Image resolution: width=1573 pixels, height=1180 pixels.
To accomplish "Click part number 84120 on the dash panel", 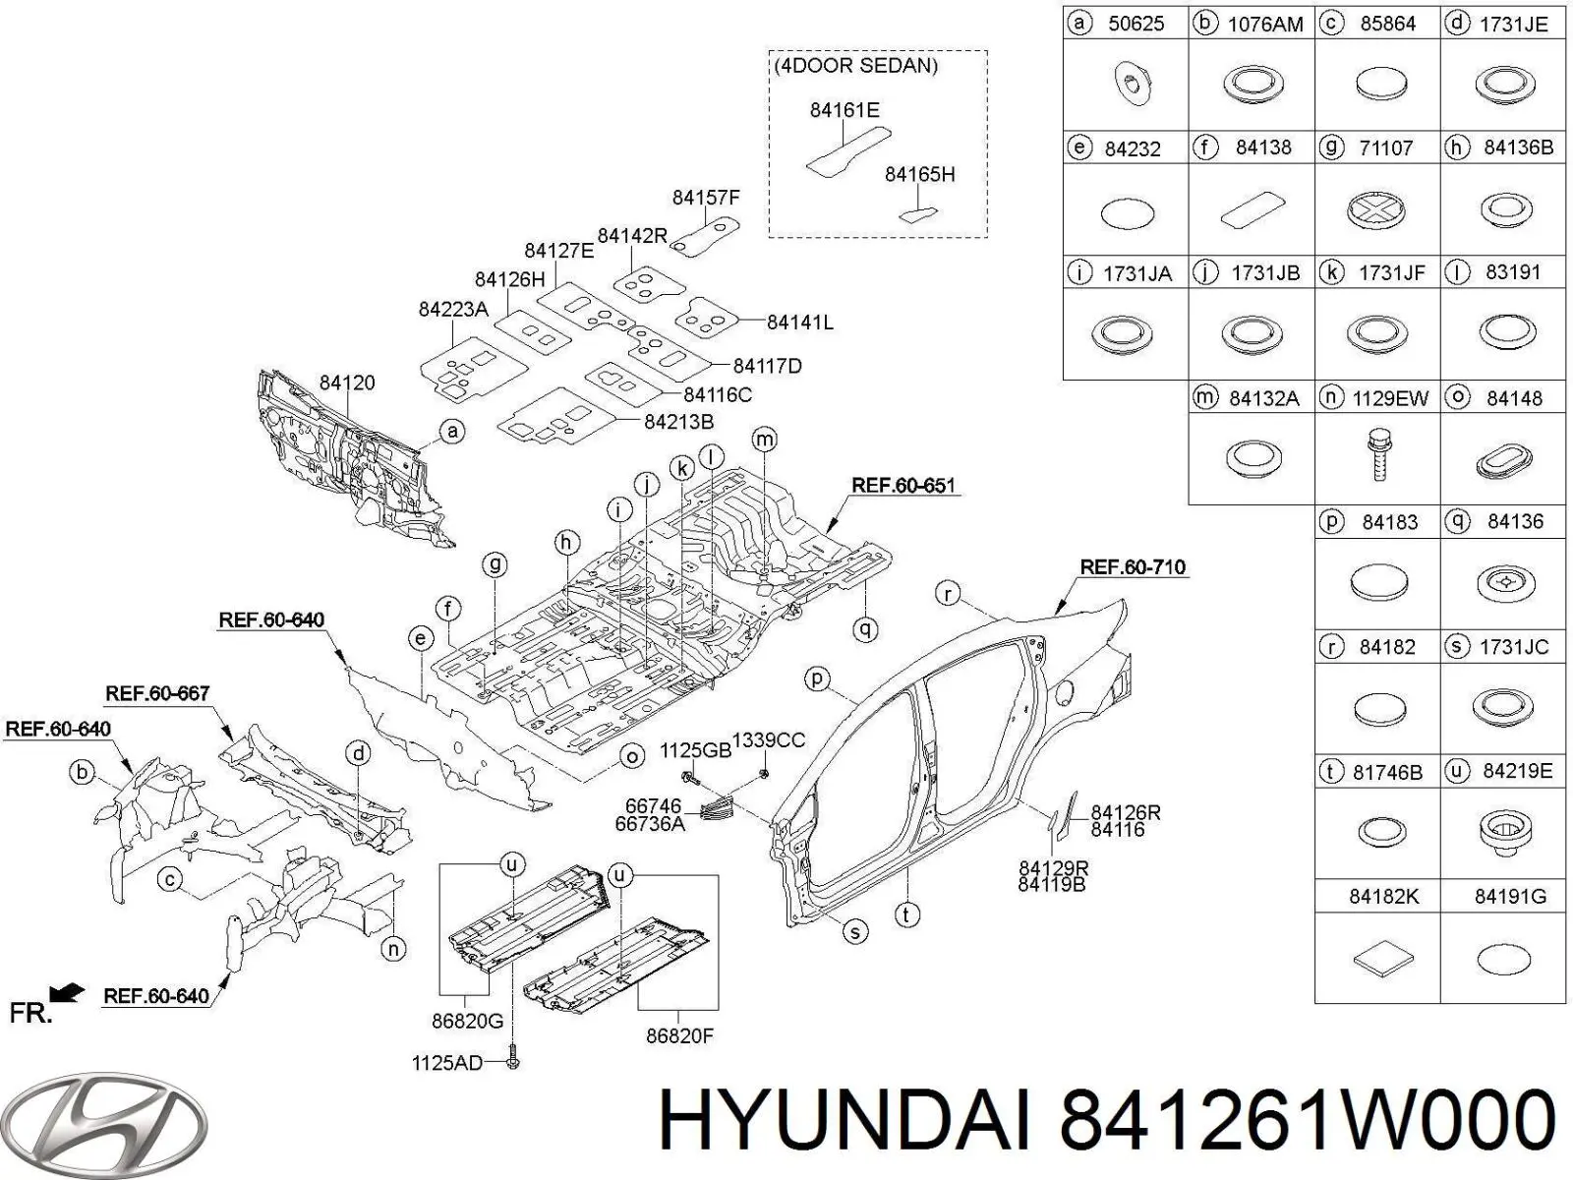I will [x=346, y=383].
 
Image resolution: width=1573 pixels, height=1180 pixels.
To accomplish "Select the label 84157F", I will [x=705, y=198].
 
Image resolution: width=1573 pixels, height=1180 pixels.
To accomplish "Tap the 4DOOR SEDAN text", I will [x=855, y=66].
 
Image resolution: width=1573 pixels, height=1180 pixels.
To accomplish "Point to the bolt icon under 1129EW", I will [x=1379, y=457].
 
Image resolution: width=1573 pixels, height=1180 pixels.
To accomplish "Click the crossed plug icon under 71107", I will [x=1375, y=209].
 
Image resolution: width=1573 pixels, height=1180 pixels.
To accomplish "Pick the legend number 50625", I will [x=1136, y=24].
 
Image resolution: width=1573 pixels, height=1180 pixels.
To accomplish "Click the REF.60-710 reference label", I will [x=1132, y=567].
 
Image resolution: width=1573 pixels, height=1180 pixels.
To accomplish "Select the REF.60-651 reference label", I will [x=903, y=485].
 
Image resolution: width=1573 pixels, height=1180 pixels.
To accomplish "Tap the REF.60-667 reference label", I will [x=157, y=693].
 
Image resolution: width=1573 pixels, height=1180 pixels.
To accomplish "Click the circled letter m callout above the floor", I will [x=764, y=440].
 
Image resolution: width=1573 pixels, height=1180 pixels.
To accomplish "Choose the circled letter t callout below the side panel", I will [x=905, y=914].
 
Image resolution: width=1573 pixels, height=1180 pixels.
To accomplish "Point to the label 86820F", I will [x=679, y=1034].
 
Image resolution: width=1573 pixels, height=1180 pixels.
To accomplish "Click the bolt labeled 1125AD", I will [x=514, y=1062].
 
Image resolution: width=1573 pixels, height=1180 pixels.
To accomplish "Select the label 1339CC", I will [x=769, y=740].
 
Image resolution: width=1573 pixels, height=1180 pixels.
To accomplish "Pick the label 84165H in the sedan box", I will [x=919, y=174].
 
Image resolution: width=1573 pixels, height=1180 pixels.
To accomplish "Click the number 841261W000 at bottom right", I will [x=1308, y=1121].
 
